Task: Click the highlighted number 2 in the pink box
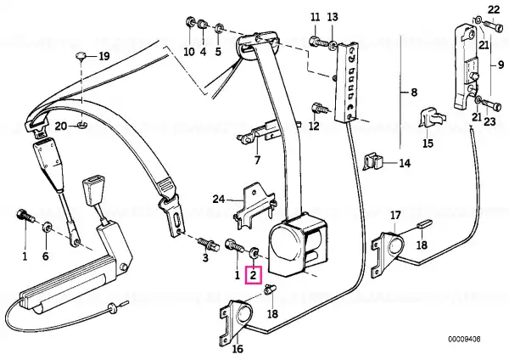point(253,276)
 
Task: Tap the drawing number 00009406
point(464,340)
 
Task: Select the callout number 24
point(219,199)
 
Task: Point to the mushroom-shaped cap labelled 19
point(81,56)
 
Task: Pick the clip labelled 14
point(372,162)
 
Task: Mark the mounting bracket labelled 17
point(389,251)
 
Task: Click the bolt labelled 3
point(207,244)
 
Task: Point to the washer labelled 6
point(47,226)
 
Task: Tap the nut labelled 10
point(189,23)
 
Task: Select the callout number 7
point(257,160)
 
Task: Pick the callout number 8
point(414,93)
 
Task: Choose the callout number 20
point(61,126)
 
